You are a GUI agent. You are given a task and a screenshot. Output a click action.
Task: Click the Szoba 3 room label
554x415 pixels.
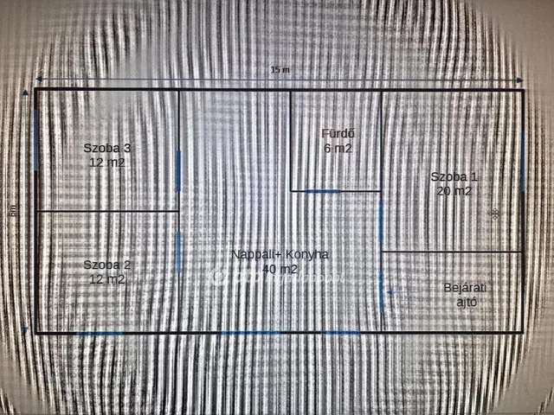(107, 148)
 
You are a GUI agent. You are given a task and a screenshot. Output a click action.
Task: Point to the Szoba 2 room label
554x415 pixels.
(107, 265)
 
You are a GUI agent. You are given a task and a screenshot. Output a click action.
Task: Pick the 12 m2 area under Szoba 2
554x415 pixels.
(107, 278)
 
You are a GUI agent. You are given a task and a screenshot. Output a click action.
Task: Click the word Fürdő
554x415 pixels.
(338, 133)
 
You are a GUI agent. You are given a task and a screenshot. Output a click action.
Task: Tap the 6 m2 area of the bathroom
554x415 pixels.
(338, 148)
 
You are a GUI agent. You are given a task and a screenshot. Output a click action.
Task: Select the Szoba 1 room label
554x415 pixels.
(454, 177)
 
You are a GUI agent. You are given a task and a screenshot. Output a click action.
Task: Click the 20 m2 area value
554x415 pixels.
(454, 191)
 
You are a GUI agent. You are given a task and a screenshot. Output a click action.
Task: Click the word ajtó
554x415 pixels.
(467, 302)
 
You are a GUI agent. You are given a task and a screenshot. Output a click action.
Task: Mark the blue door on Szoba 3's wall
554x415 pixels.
(178, 169)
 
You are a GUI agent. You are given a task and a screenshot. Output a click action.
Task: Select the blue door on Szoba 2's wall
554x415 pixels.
(178, 252)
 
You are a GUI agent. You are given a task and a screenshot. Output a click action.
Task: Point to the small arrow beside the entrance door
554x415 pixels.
(391, 292)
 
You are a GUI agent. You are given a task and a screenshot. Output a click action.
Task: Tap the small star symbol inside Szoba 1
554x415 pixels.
(495, 213)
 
